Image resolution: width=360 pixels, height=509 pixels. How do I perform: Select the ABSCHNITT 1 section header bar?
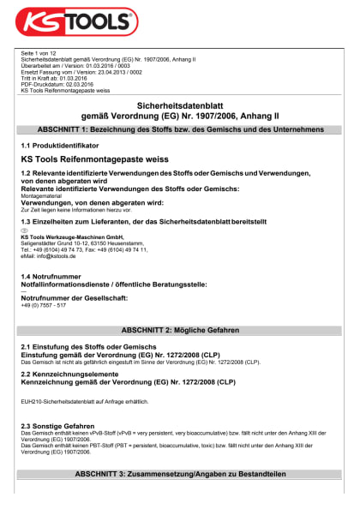click(x=180, y=129)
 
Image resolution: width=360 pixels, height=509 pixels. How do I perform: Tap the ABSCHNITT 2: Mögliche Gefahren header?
click(x=180, y=329)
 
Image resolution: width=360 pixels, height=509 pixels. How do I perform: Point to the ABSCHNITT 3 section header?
click(x=180, y=473)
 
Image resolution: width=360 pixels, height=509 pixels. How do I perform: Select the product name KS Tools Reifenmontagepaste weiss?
click(x=93, y=159)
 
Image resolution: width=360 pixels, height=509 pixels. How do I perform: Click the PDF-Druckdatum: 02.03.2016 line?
click(x=57, y=85)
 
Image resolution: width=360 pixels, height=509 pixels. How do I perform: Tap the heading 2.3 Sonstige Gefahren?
click(x=57, y=425)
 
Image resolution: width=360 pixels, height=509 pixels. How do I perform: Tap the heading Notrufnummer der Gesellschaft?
click(x=74, y=297)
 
